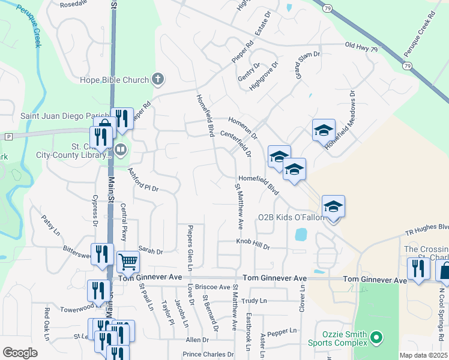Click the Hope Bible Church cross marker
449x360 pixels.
click(158, 79)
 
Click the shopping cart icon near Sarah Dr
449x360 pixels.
click(128, 262)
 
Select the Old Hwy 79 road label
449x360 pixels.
click(361, 46)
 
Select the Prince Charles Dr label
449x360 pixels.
click(209, 355)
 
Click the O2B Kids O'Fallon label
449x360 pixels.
click(291, 217)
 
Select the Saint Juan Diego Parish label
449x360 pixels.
click(65, 116)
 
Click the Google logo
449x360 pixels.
click(20, 353)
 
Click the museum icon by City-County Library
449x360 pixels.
click(120, 149)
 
